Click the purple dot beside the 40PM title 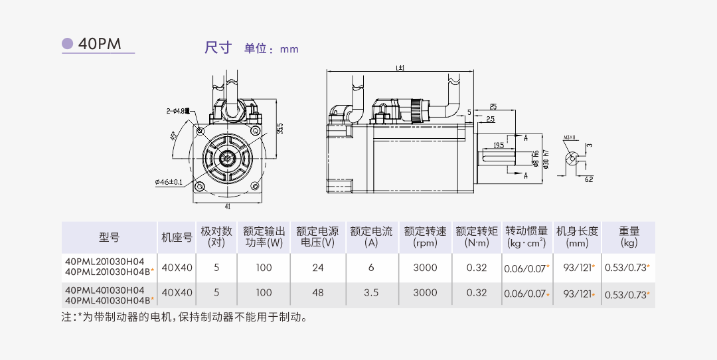coord(67,44)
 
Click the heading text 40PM coord(100,45)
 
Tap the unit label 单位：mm coord(272,48)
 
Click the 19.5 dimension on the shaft coord(498,144)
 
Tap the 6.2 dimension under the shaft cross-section coord(589,179)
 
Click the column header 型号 coord(109,237)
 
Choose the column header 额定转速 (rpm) coord(425,237)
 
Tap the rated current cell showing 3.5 coord(371,292)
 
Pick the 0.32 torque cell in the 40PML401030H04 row coord(476,292)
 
